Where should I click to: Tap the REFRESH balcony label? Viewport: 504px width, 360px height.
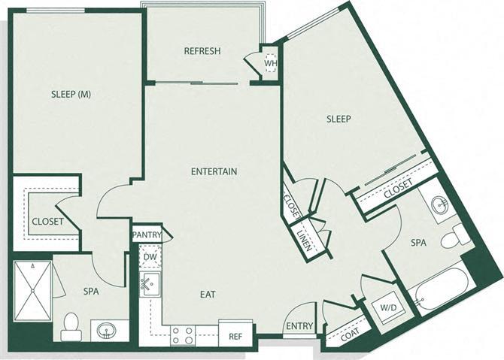[x=202, y=51]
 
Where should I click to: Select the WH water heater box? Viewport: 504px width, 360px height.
[x=269, y=64]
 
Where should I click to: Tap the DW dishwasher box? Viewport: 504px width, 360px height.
[x=149, y=257]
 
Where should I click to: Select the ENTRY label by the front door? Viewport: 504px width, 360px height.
[x=299, y=325]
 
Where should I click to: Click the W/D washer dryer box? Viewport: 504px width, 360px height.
[x=387, y=308]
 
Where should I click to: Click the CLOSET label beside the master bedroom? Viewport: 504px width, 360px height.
[x=47, y=221]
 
